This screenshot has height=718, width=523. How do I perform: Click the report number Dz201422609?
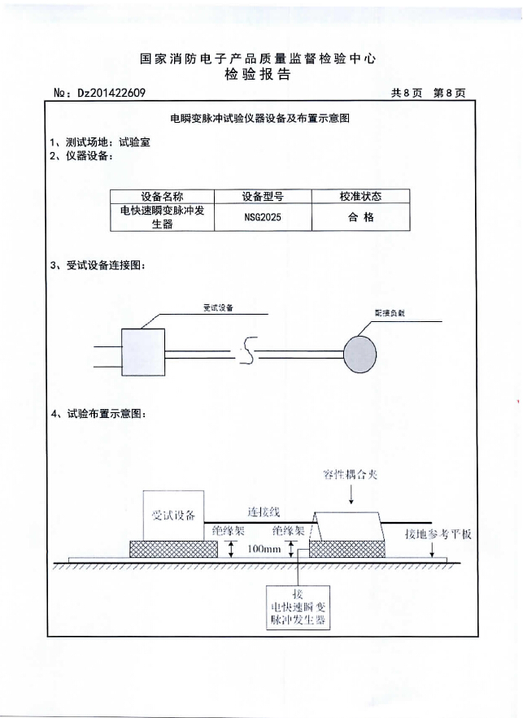[111, 93]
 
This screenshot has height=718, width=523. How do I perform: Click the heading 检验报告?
[257, 76]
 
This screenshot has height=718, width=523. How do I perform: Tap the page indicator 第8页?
[449, 93]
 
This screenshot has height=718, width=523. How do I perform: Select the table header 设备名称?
[162, 197]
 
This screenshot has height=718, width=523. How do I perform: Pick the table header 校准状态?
[360, 197]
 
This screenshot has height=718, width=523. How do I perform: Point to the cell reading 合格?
[360, 218]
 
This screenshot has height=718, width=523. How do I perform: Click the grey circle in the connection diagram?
[360, 351]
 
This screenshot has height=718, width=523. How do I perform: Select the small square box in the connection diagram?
[143, 351]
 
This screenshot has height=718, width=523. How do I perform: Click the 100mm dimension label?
[264, 550]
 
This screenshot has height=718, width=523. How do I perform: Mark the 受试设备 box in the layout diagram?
[173, 514]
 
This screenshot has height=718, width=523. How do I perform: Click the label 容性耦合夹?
[351, 474]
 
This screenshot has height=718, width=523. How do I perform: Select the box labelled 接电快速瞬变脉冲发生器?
[297, 607]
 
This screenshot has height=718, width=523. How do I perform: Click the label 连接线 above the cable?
[264, 512]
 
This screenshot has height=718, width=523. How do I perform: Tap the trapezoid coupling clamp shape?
[350, 525]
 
